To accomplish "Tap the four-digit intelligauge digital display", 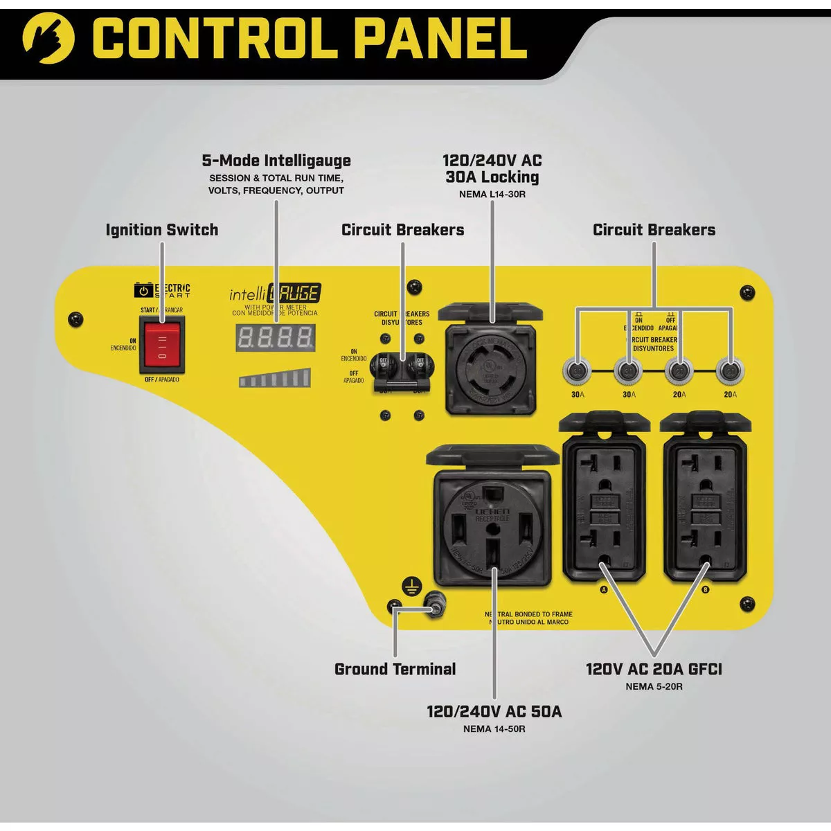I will click(275, 337).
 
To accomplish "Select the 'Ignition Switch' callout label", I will click(162, 230).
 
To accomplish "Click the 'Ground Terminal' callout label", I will click(395, 669).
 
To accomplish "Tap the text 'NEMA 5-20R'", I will click(654, 686).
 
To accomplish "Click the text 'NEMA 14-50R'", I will click(494, 729).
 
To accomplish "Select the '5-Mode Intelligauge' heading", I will click(276, 161).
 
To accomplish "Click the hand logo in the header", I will click(48, 39).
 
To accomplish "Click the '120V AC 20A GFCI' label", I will click(654, 669).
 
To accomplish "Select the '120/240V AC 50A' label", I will click(494, 711).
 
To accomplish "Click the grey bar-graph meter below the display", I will click(275, 378).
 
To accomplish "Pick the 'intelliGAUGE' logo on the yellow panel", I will click(275, 294).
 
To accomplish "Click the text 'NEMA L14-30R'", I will click(492, 194).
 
